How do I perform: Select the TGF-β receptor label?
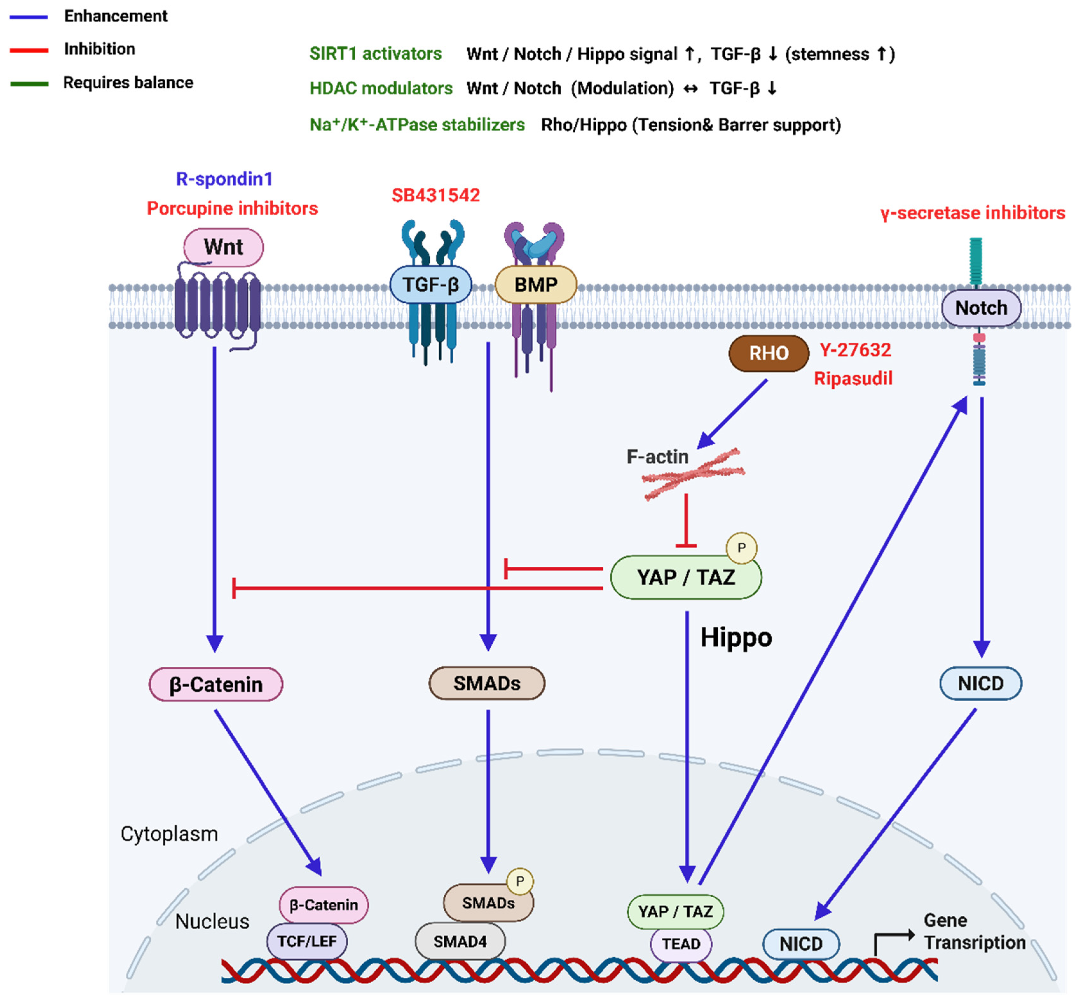[x=431, y=284]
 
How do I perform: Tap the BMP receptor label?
[x=536, y=284]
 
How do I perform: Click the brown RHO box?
[x=768, y=353]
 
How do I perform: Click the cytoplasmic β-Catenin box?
[x=216, y=684]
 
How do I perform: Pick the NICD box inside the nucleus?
[x=801, y=944]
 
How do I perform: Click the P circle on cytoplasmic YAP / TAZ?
[x=741, y=548]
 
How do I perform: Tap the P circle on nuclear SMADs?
[x=520, y=881]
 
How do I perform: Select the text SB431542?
[x=435, y=195]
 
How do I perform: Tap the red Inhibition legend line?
[x=29, y=50]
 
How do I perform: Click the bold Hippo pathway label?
[x=736, y=637]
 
